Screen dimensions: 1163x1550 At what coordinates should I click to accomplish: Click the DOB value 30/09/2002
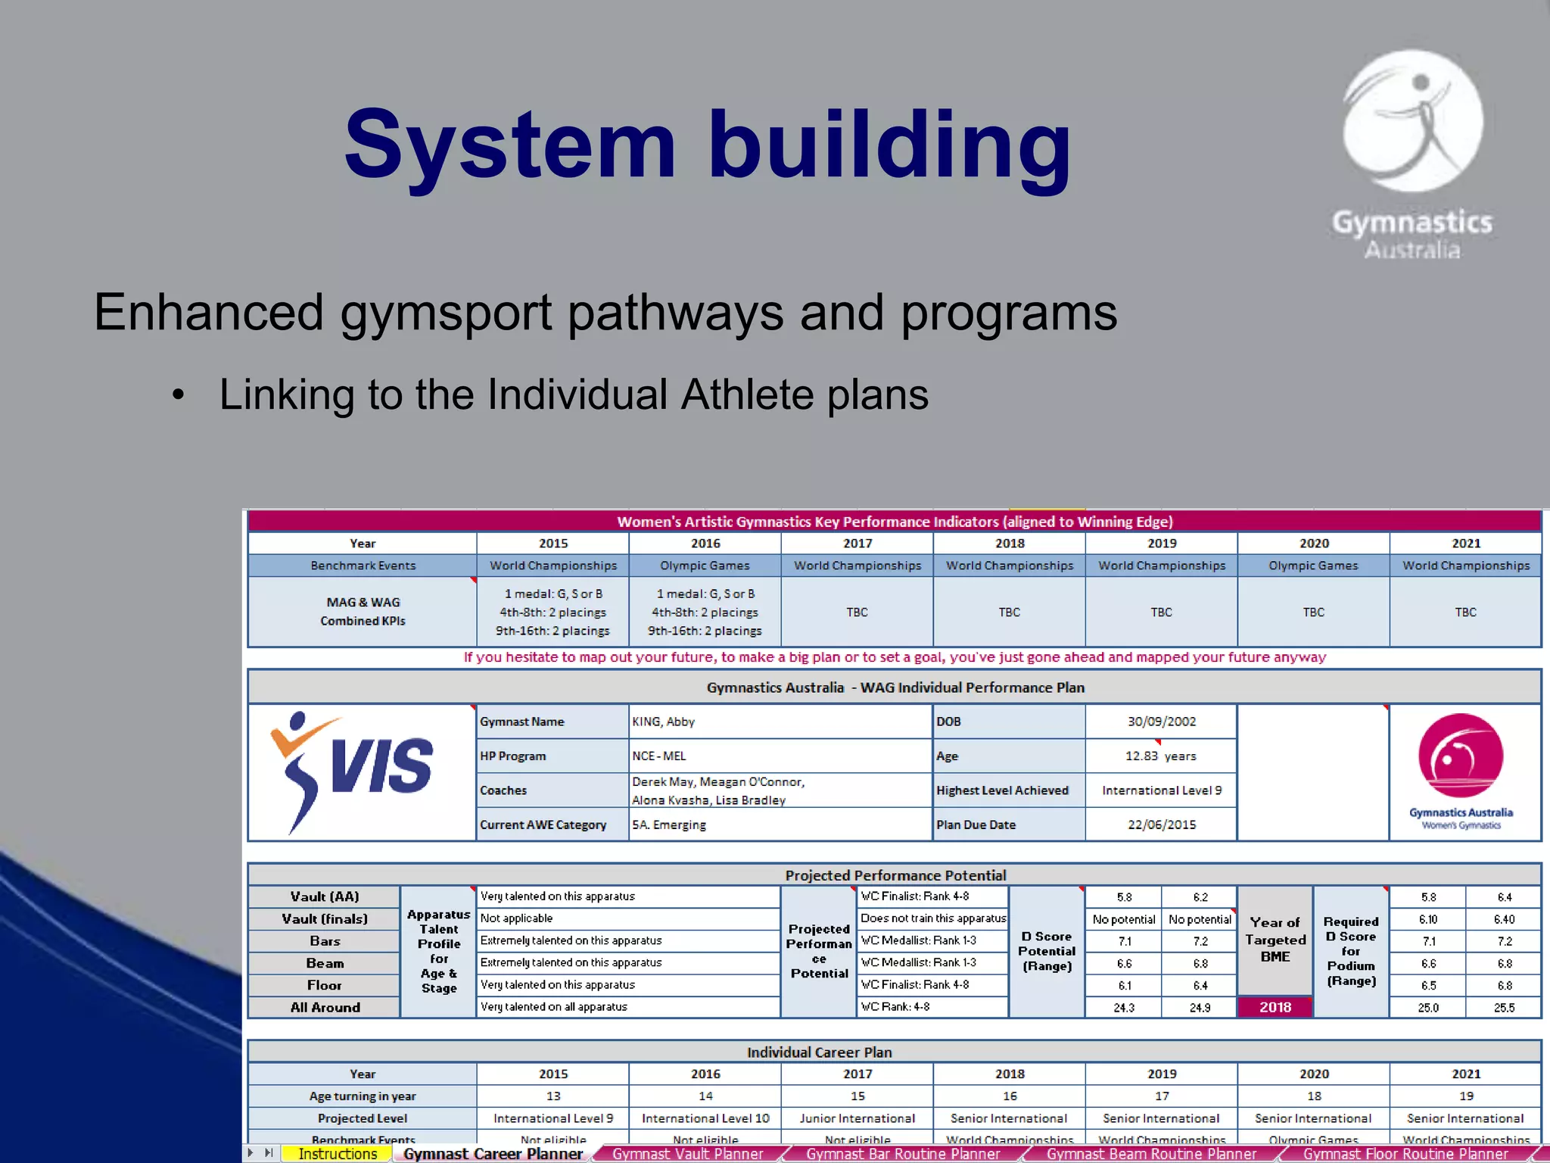pos(1161,722)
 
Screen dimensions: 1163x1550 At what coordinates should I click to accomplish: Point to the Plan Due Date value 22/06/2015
pos(1161,825)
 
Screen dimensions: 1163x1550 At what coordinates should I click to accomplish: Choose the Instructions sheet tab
pos(338,1154)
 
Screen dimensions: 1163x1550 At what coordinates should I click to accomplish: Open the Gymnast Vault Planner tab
pos(687,1154)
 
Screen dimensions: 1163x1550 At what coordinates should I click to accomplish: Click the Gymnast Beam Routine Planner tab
pos(1150,1154)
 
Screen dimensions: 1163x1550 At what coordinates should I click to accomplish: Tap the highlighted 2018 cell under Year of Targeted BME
pos(1275,1007)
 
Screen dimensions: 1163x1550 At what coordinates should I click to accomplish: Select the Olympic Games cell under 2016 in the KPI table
pos(705,566)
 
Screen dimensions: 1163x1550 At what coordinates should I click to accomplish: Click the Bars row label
pos(325,941)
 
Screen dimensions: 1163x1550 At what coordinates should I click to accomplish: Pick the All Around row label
pos(325,1008)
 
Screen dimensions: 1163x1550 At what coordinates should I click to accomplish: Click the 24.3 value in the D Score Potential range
pos(1124,1008)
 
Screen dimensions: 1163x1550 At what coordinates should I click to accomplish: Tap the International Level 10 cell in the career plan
pos(705,1118)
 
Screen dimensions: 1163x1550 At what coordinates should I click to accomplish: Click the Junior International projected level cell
pos(857,1118)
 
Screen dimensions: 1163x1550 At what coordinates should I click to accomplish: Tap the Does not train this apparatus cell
pos(933,918)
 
